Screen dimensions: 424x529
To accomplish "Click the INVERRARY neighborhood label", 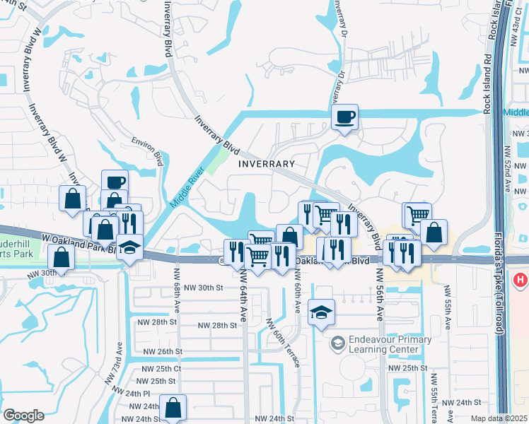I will [x=266, y=163].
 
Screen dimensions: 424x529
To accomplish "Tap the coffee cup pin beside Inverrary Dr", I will [x=344, y=117].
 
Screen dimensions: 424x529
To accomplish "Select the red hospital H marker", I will [x=522, y=280].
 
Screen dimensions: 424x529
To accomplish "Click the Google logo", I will [x=23, y=416].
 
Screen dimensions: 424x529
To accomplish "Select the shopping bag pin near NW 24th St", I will [x=173, y=407].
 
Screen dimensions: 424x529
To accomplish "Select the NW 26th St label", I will [x=163, y=351].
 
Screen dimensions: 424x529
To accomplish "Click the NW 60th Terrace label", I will [x=282, y=343].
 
